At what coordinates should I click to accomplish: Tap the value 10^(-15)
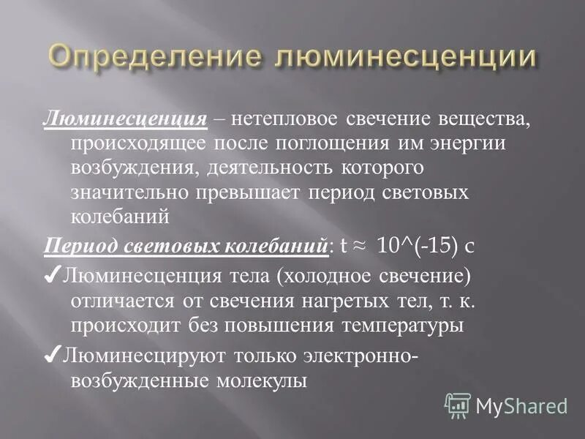415,246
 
